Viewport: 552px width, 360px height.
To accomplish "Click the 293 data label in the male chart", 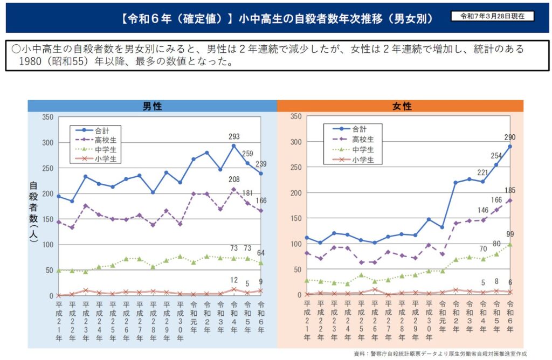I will point(234,137).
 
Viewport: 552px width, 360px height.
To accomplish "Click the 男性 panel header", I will point(153,107).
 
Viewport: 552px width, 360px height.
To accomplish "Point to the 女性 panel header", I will point(401,107).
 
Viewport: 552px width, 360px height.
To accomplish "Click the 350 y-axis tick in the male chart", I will point(46,117).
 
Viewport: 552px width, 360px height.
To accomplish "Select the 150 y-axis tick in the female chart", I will point(295,218).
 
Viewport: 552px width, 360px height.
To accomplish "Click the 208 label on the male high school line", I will point(234,179).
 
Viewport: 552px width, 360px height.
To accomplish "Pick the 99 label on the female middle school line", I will point(510,234).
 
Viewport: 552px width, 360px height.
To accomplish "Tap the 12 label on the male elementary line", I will point(234,280).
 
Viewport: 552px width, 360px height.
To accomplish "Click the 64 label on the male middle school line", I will point(261,253).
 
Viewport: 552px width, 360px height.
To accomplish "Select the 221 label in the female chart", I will point(482,172).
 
